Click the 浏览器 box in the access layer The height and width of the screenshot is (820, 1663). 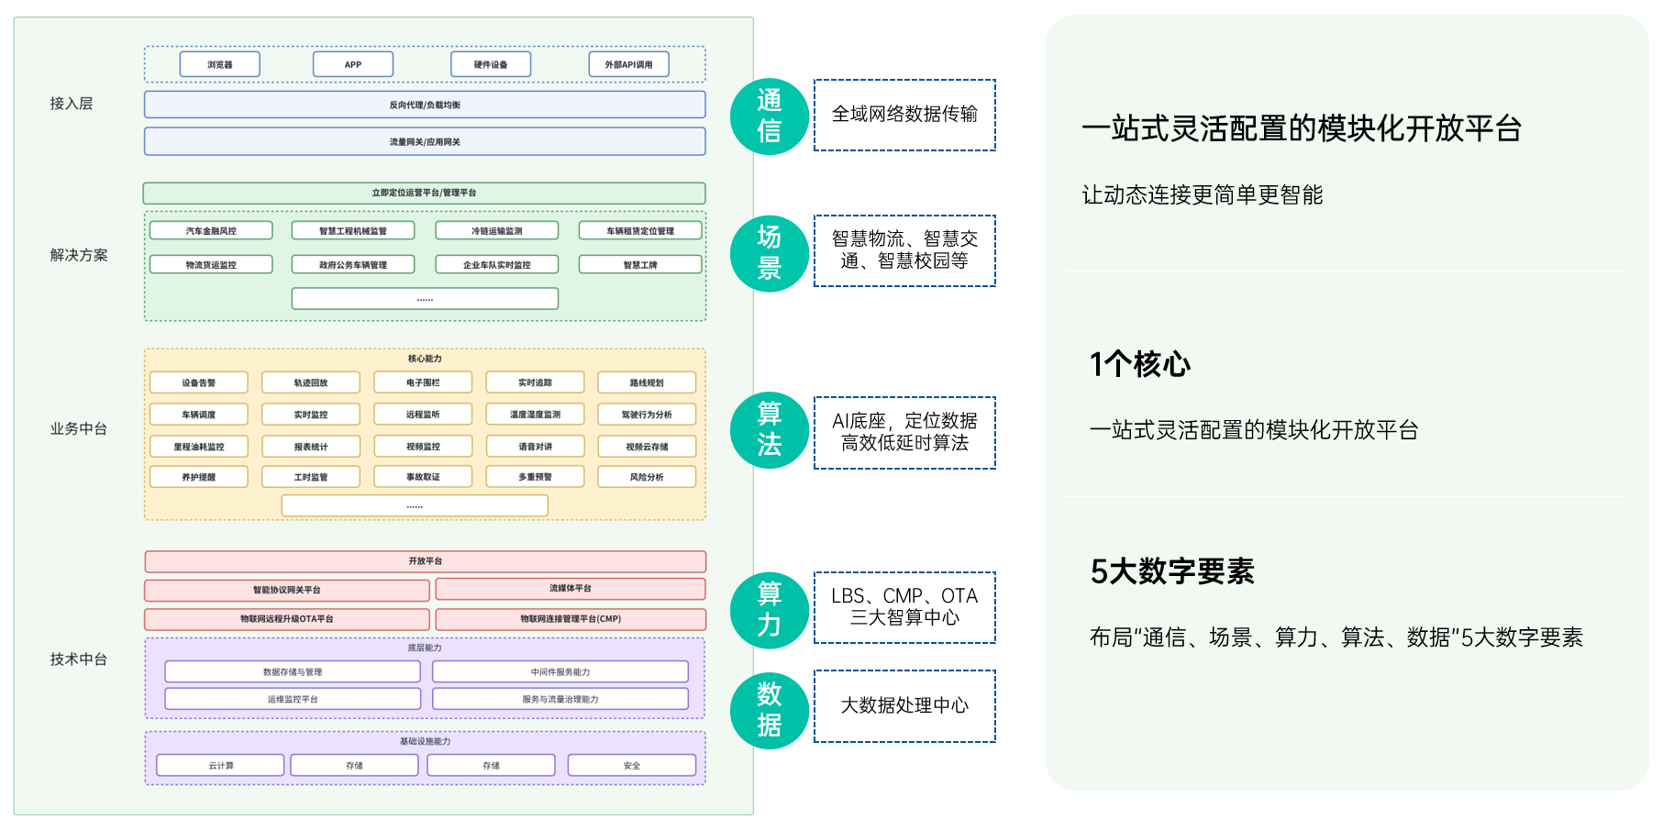(x=220, y=64)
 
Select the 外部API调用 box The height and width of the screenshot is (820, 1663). (x=628, y=64)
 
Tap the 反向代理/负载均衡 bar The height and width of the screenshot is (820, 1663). (x=425, y=105)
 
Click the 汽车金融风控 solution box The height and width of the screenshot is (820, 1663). (x=211, y=231)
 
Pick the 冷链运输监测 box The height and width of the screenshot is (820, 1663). (x=496, y=231)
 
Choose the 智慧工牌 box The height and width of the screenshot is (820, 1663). (x=640, y=265)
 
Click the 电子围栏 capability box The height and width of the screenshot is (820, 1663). (x=423, y=382)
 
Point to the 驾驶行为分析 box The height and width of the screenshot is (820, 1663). (x=647, y=415)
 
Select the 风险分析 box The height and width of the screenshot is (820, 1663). (x=647, y=477)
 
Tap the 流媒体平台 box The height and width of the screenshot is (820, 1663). (x=571, y=589)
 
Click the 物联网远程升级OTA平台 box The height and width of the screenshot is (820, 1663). (x=287, y=619)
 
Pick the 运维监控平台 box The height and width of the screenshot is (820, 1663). (x=293, y=699)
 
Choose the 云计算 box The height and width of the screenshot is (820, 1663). (x=220, y=765)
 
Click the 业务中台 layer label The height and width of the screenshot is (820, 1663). (x=79, y=428)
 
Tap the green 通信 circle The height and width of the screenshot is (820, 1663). (x=769, y=116)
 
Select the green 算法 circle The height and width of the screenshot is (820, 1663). (x=769, y=429)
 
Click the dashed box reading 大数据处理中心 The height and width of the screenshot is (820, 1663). (x=904, y=705)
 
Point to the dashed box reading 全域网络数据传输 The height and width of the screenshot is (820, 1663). (x=904, y=115)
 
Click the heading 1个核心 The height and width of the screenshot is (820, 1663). (x=1139, y=364)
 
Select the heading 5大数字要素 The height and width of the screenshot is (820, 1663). (x=1171, y=571)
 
